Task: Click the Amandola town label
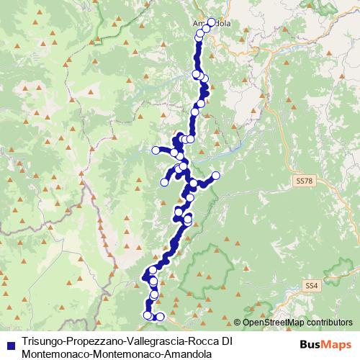pos(212,24)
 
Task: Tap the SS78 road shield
pos(302,180)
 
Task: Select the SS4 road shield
pos(311,286)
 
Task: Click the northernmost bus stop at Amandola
pos(211,22)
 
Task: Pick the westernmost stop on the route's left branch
pos(156,150)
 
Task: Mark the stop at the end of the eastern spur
pos(215,176)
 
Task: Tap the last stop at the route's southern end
pos(160,317)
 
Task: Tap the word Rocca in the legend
pos(202,340)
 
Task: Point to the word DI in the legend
pos(226,340)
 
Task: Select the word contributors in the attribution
pos(329,323)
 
